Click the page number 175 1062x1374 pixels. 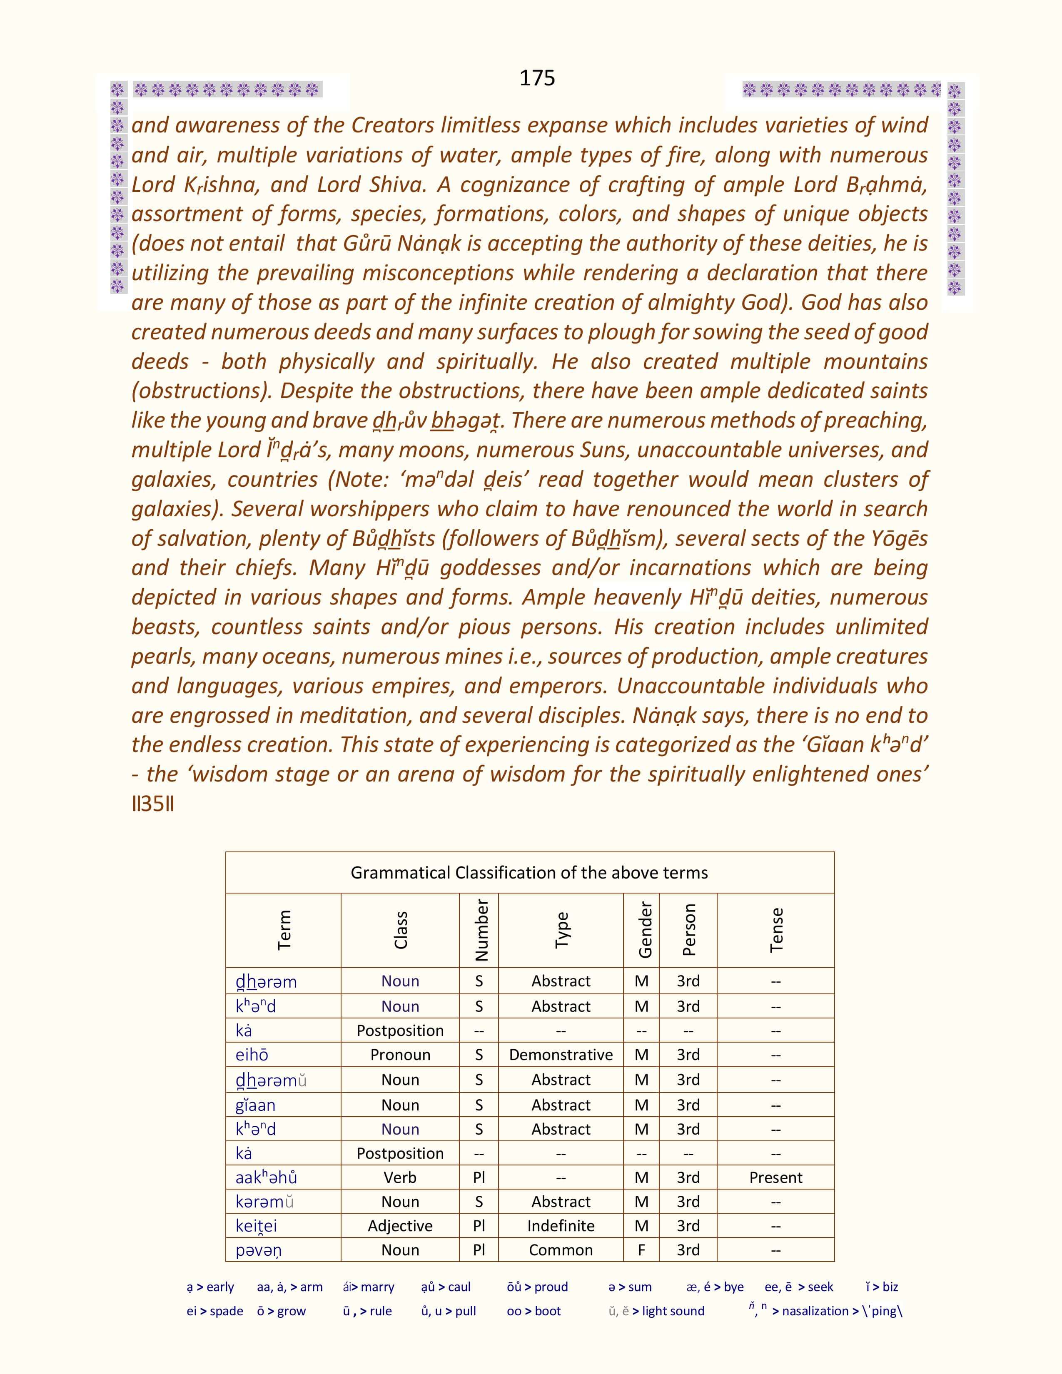coord(537,77)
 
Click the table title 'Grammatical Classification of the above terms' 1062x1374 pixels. coord(529,873)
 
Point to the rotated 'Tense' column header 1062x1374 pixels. coord(776,930)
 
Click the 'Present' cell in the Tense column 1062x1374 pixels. coord(776,1178)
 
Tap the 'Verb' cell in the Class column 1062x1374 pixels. coord(400,1178)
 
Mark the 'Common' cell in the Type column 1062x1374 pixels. coord(561,1250)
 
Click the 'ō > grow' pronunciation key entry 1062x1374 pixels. coord(281,1311)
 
